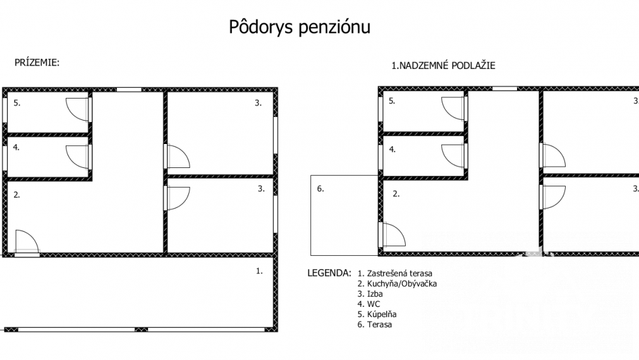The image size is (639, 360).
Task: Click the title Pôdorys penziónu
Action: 298,27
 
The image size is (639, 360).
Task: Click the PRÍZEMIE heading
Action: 37,63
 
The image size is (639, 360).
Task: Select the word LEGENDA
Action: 329,273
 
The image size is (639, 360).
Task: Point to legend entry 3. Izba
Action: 370,294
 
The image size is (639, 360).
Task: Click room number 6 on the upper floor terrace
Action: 320,188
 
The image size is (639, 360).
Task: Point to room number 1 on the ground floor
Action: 259,270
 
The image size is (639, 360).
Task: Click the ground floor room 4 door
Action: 78,155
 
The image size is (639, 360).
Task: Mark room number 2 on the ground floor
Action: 17,195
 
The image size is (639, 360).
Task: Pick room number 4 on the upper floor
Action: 393,150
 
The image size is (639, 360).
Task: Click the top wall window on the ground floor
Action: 129,90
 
